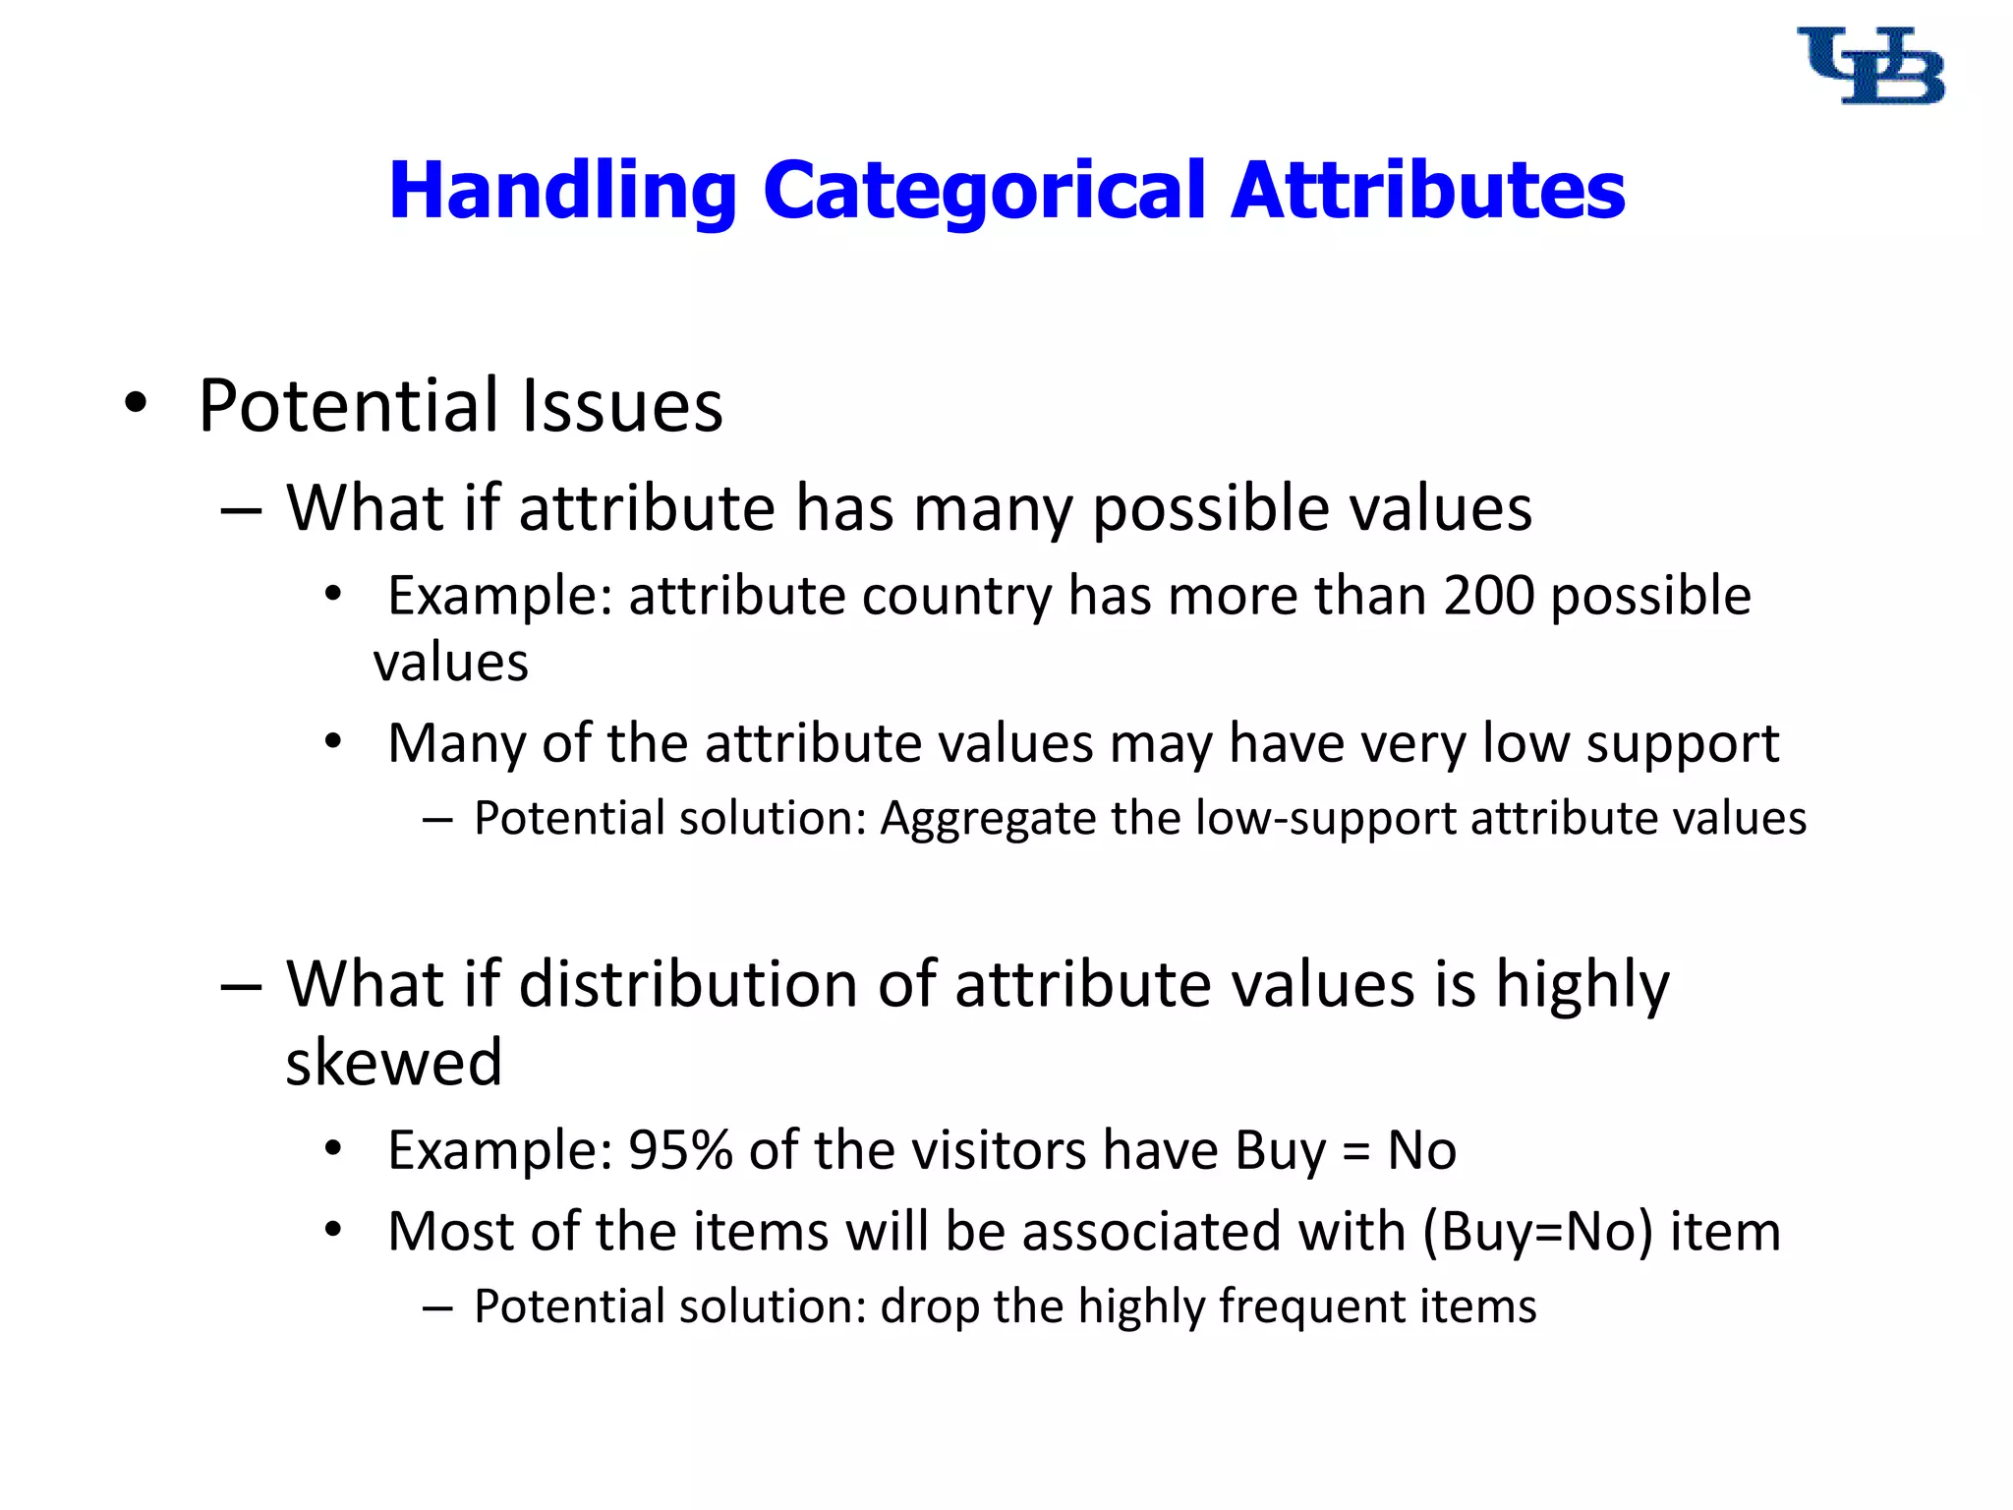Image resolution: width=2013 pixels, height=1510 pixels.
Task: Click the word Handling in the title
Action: tap(562, 190)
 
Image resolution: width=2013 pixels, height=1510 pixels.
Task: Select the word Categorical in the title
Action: tap(983, 190)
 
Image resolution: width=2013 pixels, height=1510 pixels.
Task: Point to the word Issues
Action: tap(621, 405)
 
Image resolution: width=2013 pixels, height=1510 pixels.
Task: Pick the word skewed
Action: tap(393, 1063)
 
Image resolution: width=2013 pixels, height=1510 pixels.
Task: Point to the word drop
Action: tap(929, 1307)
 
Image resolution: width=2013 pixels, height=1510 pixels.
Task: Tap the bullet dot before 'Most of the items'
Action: tap(333, 1230)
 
